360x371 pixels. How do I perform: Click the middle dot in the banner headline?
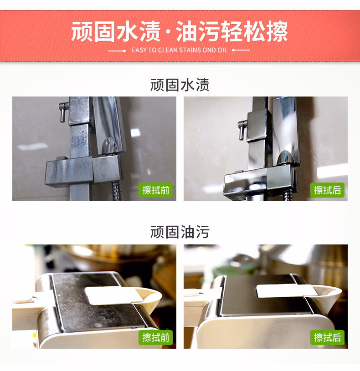[x=168, y=32]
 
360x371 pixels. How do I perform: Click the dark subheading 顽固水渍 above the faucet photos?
[x=180, y=85]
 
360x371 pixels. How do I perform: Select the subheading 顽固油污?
[x=180, y=232]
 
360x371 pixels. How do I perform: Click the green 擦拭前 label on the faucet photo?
[x=155, y=190]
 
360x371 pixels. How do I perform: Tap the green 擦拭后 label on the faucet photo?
[x=327, y=190]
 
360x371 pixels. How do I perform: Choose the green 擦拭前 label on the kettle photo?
[x=155, y=337]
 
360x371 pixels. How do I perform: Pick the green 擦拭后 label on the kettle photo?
[x=327, y=337]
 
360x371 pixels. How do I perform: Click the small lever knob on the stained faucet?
[x=63, y=112]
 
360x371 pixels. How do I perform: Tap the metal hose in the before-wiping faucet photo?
[x=116, y=191]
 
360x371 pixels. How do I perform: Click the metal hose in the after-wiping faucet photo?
[x=287, y=195]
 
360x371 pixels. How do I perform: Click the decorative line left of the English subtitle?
[x=117, y=51]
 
